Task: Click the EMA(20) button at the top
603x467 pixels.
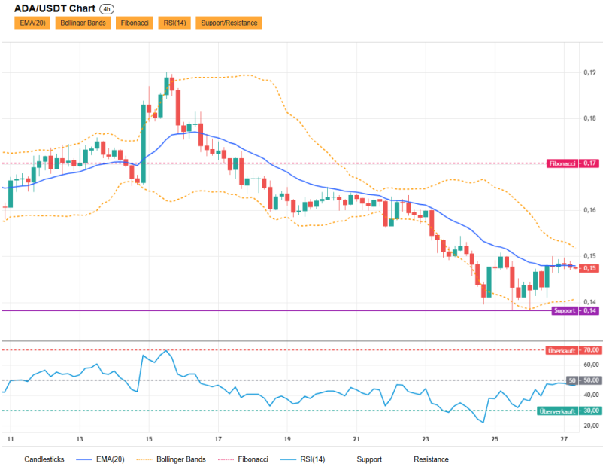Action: click(x=32, y=23)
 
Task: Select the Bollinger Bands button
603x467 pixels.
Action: click(x=83, y=23)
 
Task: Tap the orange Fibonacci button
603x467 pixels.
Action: click(x=135, y=23)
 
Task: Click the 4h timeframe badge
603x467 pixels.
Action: click(x=107, y=9)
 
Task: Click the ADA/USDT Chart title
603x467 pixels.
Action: click(x=55, y=8)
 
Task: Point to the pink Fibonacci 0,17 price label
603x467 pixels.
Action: click(x=573, y=163)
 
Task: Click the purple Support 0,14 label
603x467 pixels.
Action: click(x=575, y=310)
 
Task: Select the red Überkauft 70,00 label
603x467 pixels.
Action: click(x=573, y=350)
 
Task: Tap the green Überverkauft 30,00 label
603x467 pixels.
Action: click(x=568, y=411)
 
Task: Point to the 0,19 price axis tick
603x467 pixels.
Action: click(x=589, y=72)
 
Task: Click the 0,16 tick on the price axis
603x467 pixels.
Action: click(x=589, y=210)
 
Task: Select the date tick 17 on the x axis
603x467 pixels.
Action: click(x=218, y=439)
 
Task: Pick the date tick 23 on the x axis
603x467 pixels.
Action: click(x=426, y=439)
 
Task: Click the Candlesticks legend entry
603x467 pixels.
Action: click(x=44, y=459)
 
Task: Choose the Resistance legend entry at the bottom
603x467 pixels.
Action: click(x=431, y=459)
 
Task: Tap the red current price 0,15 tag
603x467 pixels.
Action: click(x=589, y=268)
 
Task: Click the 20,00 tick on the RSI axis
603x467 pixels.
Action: click(x=591, y=426)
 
